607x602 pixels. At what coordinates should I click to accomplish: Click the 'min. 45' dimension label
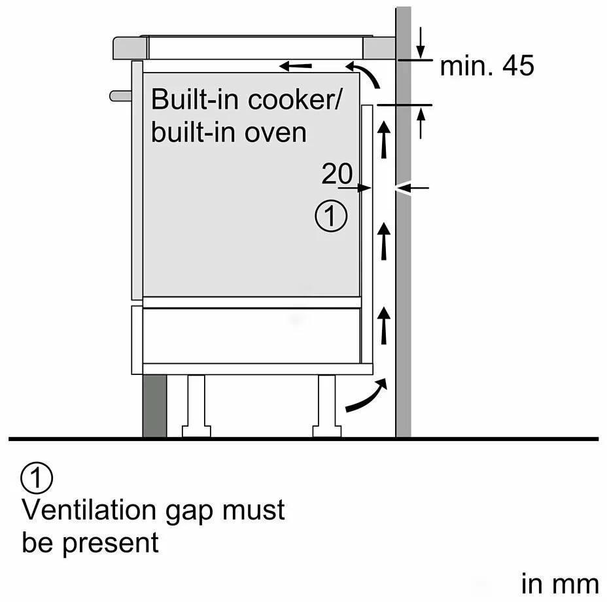(x=487, y=65)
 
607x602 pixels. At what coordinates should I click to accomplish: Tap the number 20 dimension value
(x=337, y=173)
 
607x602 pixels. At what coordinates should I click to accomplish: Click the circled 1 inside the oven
(x=331, y=216)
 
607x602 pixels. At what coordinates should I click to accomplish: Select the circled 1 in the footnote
(x=37, y=478)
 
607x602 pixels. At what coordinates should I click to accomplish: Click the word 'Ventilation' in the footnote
(x=90, y=510)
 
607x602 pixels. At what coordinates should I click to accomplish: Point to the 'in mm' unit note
(x=560, y=584)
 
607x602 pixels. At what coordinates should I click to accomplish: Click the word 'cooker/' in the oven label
(x=295, y=99)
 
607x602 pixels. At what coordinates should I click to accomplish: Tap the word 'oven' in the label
(x=275, y=133)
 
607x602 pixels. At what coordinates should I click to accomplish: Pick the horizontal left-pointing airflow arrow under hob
(x=296, y=66)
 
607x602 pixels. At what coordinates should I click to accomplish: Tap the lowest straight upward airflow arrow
(x=384, y=325)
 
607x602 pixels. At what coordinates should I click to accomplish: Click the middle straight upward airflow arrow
(x=384, y=241)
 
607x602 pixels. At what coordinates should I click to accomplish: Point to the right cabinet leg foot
(x=327, y=431)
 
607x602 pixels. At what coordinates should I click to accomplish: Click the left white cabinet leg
(x=196, y=406)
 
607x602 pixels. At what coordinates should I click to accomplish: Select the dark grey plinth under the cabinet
(x=155, y=406)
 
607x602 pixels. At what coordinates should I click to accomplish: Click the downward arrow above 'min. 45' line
(x=421, y=43)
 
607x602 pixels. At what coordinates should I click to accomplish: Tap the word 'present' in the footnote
(x=111, y=543)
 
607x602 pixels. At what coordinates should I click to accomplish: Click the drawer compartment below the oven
(x=252, y=336)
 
